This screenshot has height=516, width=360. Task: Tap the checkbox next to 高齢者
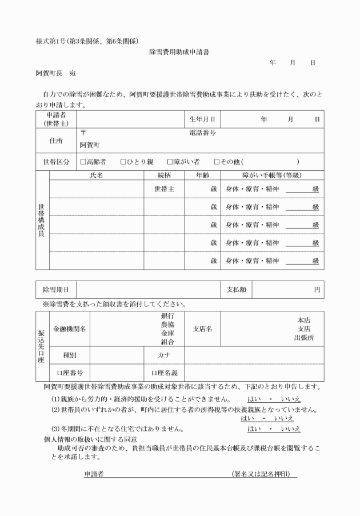(x=83, y=162)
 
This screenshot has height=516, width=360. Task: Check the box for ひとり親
(x=123, y=162)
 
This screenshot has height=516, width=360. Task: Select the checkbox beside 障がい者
(x=170, y=162)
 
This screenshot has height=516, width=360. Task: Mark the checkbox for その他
(x=217, y=162)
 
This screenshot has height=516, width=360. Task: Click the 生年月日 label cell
(x=202, y=119)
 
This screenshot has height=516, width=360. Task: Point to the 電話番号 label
(x=202, y=133)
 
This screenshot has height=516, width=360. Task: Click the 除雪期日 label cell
(x=56, y=290)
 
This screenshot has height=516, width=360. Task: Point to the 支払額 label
(x=235, y=290)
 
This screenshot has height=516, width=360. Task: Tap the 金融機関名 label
(x=70, y=329)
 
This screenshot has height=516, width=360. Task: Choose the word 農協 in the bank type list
(x=167, y=323)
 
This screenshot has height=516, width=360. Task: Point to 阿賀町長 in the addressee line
(x=49, y=74)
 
